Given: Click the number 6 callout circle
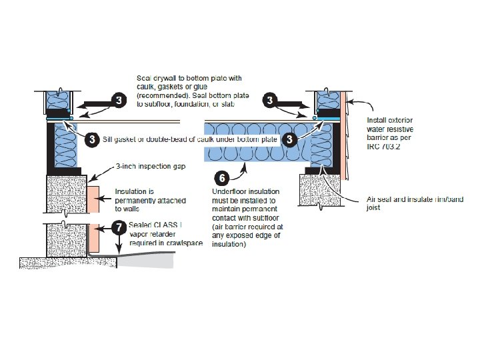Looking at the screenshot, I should click(x=222, y=178).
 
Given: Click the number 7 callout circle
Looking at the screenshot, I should click(x=117, y=227).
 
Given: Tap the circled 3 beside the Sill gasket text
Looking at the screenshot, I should click(x=92, y=139).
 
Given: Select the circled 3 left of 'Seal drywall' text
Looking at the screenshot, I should click(x=118, y=101).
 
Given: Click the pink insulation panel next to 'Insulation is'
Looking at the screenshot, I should click(x=92, y=198).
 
